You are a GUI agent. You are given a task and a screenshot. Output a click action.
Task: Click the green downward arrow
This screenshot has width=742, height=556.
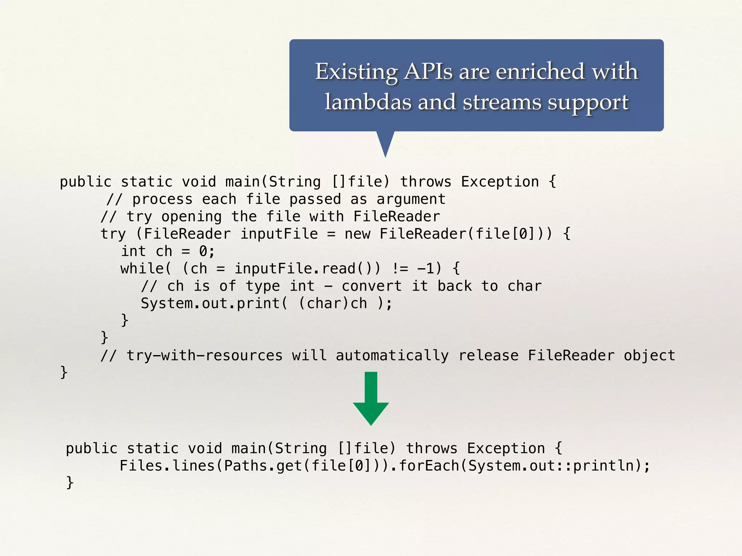click(x=371, y=398)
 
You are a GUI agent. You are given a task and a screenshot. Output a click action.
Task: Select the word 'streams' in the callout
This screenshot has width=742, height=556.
click(x=501, y=102)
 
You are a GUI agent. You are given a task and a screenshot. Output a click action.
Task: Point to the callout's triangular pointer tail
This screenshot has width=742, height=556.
click(x=385, y=143)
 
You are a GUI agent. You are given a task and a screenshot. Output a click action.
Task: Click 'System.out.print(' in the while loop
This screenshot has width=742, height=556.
click(x=214, y=303)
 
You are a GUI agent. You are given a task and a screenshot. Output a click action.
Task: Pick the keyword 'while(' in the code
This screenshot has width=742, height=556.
click(x=145, y=269)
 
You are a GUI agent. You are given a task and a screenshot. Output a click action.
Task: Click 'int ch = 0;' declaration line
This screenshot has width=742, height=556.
click(x=168, y=251)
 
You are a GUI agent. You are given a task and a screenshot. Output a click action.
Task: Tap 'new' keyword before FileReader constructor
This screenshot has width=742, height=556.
click(x=357, y=234)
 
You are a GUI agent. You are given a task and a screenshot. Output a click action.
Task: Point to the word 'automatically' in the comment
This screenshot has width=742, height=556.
click(x=392, y=355)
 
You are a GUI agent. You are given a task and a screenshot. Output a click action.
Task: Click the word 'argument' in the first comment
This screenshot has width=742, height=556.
click(x=410, y=199)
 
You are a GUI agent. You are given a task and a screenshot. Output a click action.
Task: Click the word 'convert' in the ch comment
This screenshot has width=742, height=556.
click(x=372, y=286)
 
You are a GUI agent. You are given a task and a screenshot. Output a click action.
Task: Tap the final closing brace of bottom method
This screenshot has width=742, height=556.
click(x=70, y=483)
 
